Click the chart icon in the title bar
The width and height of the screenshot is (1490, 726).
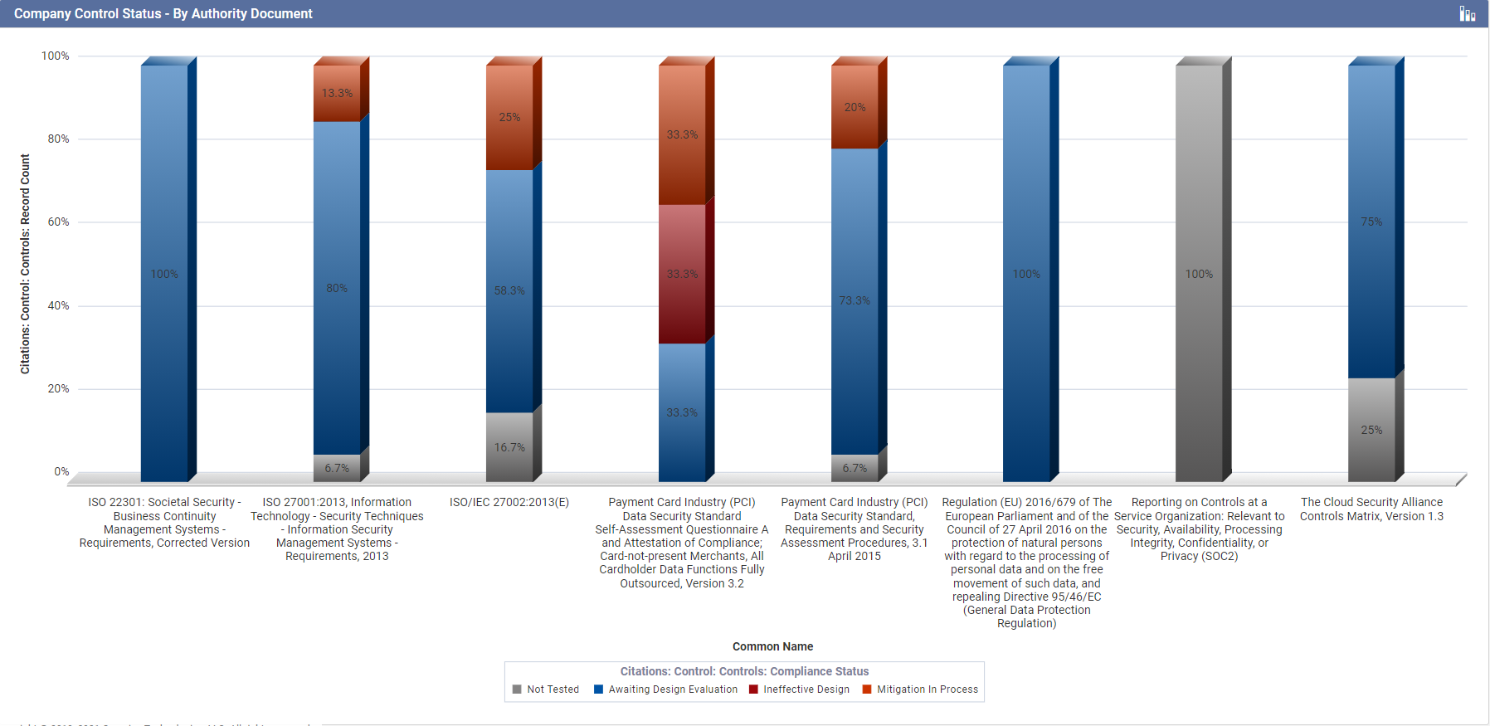[x=1468, y=14]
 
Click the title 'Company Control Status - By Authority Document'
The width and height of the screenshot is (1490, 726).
[x=163, y=14]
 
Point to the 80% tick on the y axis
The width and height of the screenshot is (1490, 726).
[x=58, y=139]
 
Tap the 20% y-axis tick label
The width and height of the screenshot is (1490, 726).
[x=58, y=389]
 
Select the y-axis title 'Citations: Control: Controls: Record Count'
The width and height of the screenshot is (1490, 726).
[x=25, y=264]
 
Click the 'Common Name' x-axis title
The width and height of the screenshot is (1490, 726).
[x=772, y=646]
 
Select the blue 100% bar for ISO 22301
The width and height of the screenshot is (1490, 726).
[x=164, y=274]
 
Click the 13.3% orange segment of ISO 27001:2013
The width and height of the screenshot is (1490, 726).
[x=337, y=93]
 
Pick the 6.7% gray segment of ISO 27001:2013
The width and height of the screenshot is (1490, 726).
[x=337, y=468]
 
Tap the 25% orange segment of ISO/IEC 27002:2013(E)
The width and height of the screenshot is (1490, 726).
[x=509, y=117]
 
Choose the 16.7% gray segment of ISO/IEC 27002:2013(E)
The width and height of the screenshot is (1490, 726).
[x=509, y=447]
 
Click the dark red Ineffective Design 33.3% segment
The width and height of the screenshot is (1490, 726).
[x=682, y=274]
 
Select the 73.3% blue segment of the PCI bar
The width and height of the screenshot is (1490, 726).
[x=855, y=300]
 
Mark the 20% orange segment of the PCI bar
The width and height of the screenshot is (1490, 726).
[x=855, y=107]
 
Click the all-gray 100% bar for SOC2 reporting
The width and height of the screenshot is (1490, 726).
[x=1199, y=274]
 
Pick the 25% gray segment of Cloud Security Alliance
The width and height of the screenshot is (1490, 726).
[x=1371, y=430]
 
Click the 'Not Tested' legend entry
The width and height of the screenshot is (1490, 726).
[x=547, y=689]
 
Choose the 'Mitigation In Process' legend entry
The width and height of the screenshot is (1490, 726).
[x=921, y=689]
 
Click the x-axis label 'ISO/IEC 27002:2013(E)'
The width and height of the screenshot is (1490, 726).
[x=509, y=502]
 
